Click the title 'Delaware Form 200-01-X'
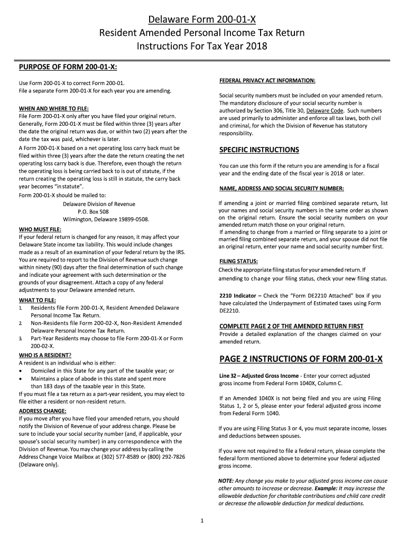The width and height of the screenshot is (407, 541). [x=202, y=20]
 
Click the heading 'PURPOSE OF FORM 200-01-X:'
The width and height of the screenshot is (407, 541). [x=68, y=67]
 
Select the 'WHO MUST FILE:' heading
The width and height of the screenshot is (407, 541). [x=40, y=230]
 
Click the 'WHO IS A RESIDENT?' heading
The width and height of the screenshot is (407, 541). [x=45, y=355]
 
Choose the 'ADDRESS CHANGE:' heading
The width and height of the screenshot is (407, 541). [x=43, y=411]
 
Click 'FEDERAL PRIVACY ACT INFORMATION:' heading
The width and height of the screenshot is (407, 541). [x=267, y=81]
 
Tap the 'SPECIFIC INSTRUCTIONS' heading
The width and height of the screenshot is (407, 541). [x=259, y=150]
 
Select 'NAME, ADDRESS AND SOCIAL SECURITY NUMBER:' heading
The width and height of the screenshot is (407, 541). [x=281, y=189]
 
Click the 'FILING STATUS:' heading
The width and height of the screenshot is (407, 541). [x=238, y=262]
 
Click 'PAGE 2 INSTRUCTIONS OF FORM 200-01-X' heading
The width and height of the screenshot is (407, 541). [x=301, y=360]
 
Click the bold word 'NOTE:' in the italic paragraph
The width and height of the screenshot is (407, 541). [x=226, y=481]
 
